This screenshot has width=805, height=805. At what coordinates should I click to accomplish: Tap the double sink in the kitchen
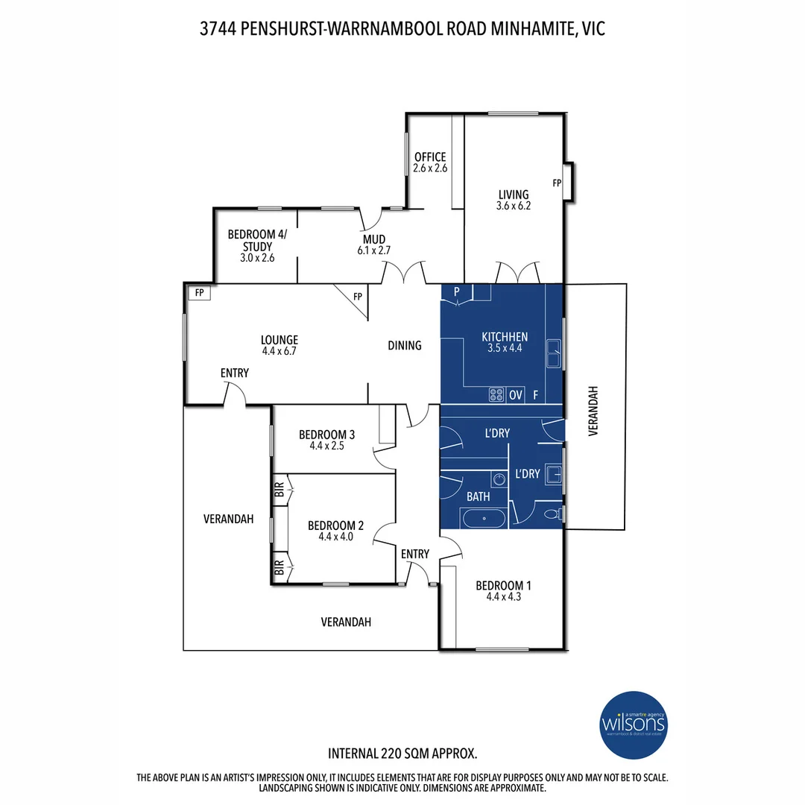point(554,353)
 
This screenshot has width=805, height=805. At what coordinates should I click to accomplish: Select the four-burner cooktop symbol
point(496,395)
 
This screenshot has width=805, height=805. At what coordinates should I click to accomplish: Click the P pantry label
point(455,291)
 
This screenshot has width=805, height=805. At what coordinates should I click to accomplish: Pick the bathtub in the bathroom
point(483,517)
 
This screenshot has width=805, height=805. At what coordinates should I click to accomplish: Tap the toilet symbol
point(552,514)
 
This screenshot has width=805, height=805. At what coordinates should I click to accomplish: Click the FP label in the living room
point(556,183)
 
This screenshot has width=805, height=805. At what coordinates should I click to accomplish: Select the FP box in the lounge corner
point(199,293)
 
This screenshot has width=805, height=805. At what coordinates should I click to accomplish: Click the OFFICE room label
point(430,157)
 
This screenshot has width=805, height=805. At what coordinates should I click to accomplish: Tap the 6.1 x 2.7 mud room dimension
point(374,251)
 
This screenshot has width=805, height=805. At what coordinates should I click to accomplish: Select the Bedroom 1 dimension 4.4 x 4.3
point(504,596)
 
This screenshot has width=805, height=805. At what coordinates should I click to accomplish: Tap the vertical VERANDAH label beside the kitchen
point(594,411)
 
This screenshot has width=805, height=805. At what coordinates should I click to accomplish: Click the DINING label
point(405,346)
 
